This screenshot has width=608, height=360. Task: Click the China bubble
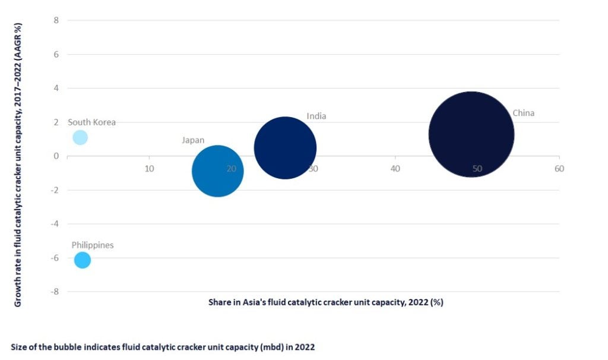(x=471, y=134)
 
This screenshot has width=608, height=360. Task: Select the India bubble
(x=285, y=148)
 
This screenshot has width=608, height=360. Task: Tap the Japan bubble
(x=218, y=171)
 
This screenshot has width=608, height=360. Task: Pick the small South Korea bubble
(x=80, y=138)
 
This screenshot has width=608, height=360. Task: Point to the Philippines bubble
(x=83, y=260)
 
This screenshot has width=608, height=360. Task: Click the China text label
(x=523, y=113)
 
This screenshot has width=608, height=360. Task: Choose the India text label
(x=316, y=116)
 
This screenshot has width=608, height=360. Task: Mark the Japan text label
(x=193, y=140)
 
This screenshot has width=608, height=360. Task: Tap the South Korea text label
(x=91, y=122)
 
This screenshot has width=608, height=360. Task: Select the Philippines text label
(x=93, y=245)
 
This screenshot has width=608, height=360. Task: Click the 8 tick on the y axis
(x=56, y=20)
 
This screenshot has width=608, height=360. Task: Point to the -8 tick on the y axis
(x=55, y=292)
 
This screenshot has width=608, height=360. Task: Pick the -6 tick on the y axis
(x=55, y=258)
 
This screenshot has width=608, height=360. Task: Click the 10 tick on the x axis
(x=150, y=169)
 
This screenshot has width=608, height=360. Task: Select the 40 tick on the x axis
(x=395, y=169)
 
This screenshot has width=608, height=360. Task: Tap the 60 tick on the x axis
(x=559, y=169)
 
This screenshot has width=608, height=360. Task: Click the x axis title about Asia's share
(x=326, y=302)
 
